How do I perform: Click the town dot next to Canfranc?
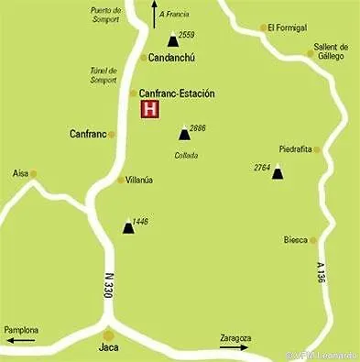(112, 135)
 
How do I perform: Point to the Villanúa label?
(139, 180)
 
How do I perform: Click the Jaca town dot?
(108, 335)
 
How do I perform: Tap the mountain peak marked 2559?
(172, 40)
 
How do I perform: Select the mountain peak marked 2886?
(184, 134)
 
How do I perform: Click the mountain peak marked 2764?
(278, 171)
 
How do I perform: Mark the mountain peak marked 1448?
(127, 226)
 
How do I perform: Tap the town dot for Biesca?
(312, 240)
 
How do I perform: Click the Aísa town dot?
(33, 173)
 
